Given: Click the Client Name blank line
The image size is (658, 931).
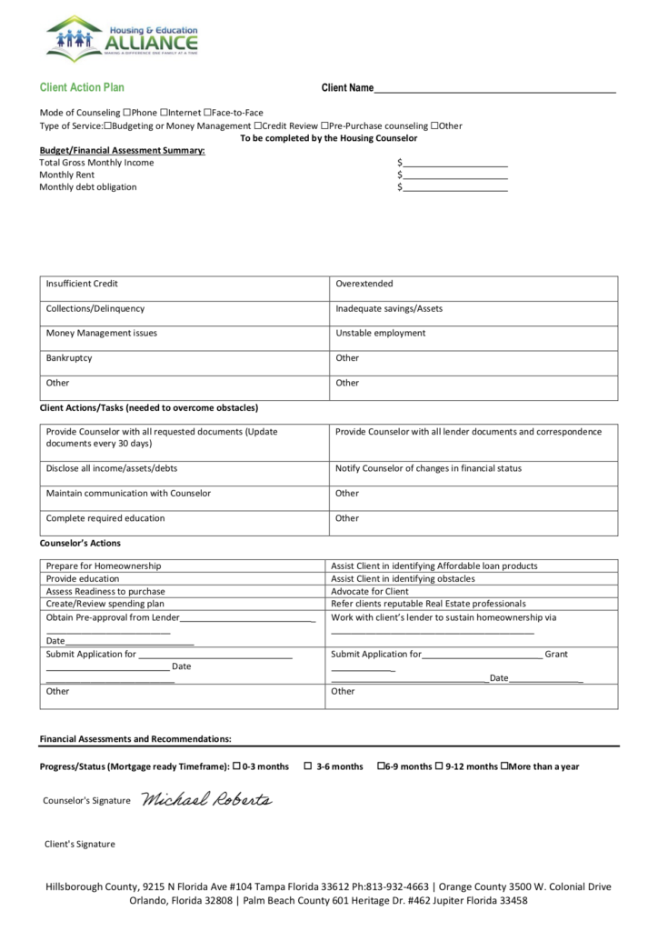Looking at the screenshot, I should pyautogui.click(x=495, y=89).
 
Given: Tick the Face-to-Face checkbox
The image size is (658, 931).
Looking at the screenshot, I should pyautogui.click(x=207, y=113).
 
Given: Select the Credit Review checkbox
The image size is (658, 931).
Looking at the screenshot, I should pyautogui.click(x=258, y=125).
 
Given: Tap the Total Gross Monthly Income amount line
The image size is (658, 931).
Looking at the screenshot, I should pyautogui.click(x=454, y=164).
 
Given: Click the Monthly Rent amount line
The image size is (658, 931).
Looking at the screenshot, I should pyautogui.click(x=454, y=175).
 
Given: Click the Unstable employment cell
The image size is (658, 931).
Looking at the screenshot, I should pyautogui.click(x=473, y=334).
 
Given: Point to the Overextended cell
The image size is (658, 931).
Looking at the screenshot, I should pyautogui.click(x=473, y=285).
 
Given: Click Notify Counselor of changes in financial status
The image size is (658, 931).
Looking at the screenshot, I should pyautogui.click(x=473, y=469).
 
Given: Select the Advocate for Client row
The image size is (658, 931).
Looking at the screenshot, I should pyautogui.click(x=473, y=591).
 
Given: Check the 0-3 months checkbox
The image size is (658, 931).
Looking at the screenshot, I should pyautogui.click(x=237, y=766).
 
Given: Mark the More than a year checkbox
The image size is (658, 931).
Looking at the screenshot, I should pyautogui.click(x=504, y=766).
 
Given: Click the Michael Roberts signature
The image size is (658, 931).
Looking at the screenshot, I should pyautogui.click(x=206, y=800).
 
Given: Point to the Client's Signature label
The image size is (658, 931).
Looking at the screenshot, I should pyautogui.click(x=80, y=844).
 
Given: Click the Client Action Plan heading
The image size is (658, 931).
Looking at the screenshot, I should pyautogui.click(x=82, y=88).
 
